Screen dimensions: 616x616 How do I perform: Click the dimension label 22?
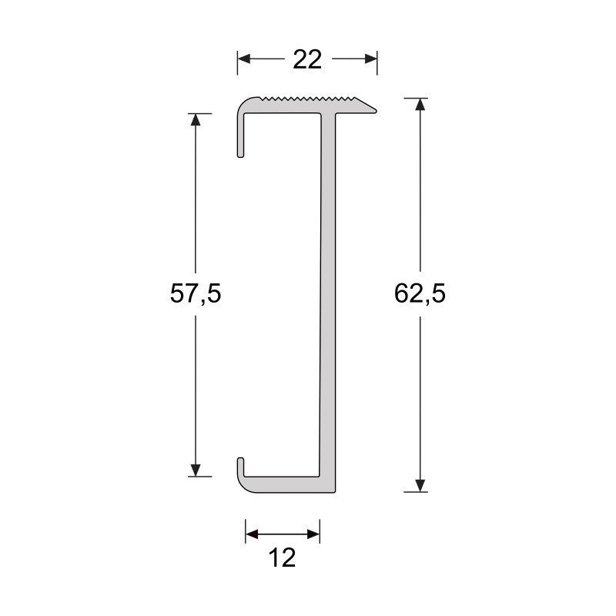pyautogui.click(x=307, y=59)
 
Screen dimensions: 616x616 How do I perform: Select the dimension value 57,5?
pyautogui.click(x=196, y=294)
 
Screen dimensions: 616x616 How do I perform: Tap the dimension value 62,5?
pyautogui.click(x=420, y=294)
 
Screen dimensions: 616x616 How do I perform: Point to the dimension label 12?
pyautogui.click(x=283, y=557)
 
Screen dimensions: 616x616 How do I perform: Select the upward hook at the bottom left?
pyautogui.click(x=241, y=467)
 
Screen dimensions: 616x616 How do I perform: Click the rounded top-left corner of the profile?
pyautogui.click(x=244, y=104)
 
